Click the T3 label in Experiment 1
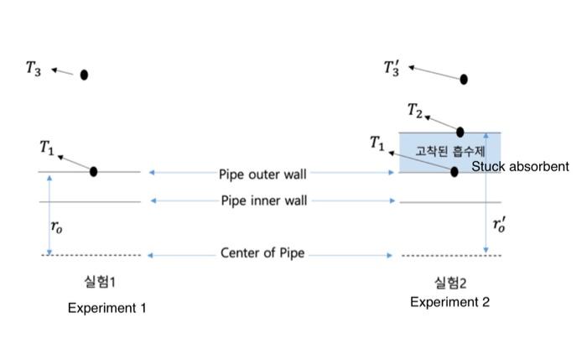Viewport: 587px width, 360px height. tap(33, 69)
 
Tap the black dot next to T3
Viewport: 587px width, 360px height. tap(84, 75)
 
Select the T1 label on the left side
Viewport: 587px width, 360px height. tap(46, 148)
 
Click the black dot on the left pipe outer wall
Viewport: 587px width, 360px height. tap(94, 171)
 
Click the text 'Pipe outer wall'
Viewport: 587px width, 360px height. tap(262, 175)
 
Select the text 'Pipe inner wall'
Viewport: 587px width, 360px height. tap(262, 201)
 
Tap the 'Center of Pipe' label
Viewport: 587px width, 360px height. tap(262, 253)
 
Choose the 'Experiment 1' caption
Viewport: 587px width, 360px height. tap(106, 308)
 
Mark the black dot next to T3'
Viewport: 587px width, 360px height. tap(463, 79)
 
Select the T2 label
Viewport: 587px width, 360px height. tap(415, 110)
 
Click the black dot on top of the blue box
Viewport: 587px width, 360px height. tap(460, 132)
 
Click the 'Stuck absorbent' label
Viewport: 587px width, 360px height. tap(520, 167)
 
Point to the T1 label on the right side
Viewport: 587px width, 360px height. tap(377, 143)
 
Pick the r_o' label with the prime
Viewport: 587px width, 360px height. tap(499, 225)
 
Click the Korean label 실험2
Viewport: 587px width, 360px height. tap(450, 281)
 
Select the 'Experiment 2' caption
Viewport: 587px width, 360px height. tap(449, 302)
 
